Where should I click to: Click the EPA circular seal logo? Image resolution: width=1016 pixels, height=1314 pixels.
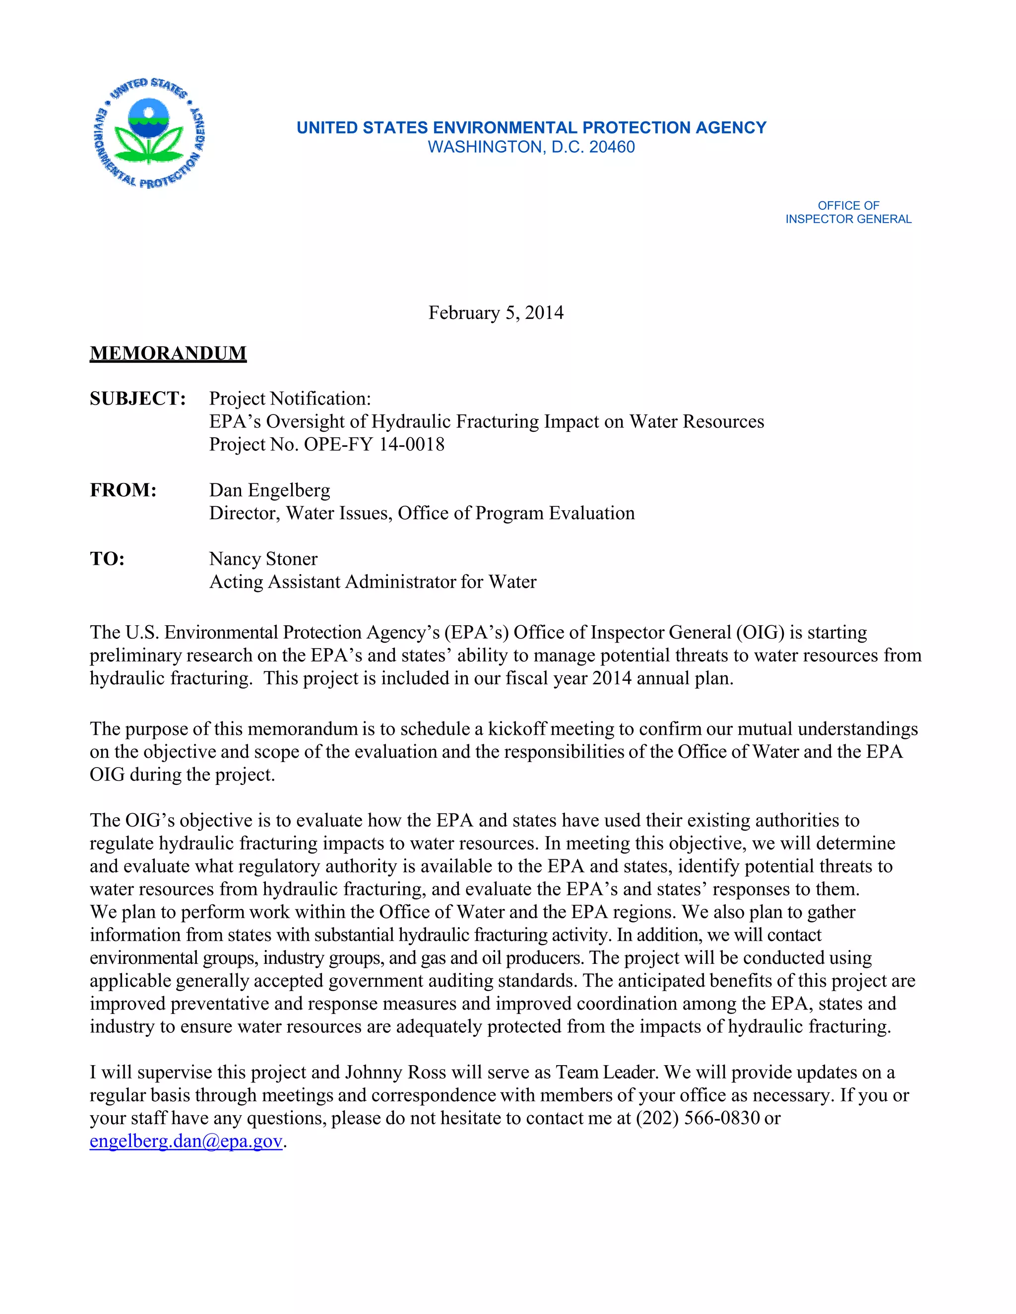(149, 133)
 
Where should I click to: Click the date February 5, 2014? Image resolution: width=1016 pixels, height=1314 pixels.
(496, 313)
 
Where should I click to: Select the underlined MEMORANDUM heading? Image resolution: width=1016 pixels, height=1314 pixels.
(168, 353)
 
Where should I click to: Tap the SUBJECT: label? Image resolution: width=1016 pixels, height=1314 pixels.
(137, 398)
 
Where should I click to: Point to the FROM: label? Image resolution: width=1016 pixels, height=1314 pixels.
(123, 490)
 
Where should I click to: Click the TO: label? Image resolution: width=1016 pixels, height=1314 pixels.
(107, 559)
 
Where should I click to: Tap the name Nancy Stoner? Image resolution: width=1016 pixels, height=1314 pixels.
(263, 559)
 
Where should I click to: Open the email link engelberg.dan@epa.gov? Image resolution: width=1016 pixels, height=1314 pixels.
(186, 1141)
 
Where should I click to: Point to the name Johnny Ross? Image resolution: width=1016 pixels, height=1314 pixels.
(395, 1072)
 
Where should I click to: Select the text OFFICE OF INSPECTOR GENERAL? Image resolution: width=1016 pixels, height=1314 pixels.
(847, 212)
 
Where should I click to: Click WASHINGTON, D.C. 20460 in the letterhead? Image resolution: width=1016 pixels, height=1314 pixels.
(531, 147)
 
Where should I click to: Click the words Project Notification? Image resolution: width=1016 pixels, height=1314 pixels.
(290, 398)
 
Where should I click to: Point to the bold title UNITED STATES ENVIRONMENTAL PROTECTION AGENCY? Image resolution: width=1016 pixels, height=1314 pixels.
(531, 127)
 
